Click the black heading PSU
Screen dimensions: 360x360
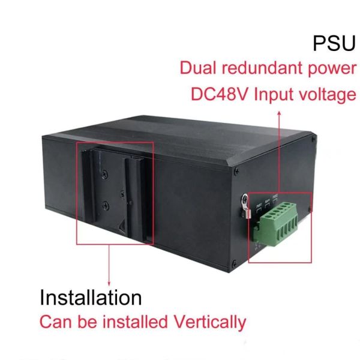334,44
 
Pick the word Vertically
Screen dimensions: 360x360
210,322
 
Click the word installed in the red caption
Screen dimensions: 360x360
137,322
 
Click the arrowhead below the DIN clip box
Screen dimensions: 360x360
109,281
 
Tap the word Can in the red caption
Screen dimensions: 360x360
55,322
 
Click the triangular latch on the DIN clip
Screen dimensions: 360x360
124,229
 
